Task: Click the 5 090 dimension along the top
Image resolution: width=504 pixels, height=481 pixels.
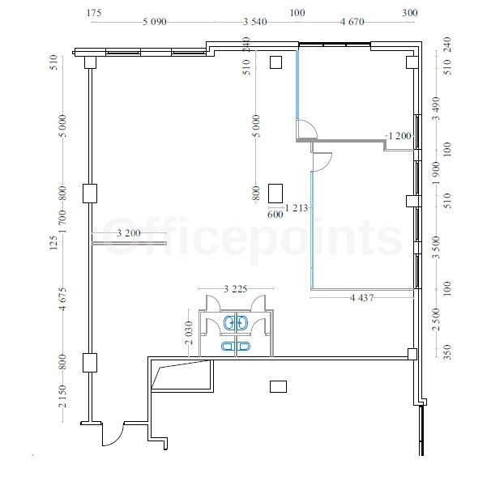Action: pos(155,22)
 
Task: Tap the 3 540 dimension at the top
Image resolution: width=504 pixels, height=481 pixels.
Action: pos(255,22)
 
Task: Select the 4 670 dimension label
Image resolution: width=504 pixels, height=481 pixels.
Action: pos(352,22)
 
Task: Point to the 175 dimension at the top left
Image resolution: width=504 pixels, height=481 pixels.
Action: pos(94,13)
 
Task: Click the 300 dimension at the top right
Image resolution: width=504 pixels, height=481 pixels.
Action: pos(410,13)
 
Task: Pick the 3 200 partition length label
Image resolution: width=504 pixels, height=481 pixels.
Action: pos(129,233)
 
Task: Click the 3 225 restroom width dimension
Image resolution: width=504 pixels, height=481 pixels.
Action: pos(235,289)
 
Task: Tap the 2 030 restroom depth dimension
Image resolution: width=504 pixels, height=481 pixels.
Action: pos(189,333)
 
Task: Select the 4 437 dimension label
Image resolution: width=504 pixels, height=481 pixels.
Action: pos(362,298)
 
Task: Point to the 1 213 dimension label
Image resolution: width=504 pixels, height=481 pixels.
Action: pos(297,208)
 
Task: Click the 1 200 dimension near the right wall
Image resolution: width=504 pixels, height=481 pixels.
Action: pos(399,136)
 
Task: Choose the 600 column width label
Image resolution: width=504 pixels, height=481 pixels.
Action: pos(275,215)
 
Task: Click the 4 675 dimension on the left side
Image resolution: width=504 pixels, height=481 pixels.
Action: pos(62,299)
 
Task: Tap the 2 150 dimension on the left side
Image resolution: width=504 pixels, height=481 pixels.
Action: pos(62,396)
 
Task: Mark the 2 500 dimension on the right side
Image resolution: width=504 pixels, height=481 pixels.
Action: pos(436,319)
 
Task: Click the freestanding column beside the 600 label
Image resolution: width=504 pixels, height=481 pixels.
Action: pos(275,194)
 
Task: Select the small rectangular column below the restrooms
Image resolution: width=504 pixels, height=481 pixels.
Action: pos(278,386)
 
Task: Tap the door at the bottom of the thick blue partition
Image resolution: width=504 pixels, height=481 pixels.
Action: pos(307,130)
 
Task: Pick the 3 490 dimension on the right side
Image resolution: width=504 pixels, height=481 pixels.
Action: pos(436,109)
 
